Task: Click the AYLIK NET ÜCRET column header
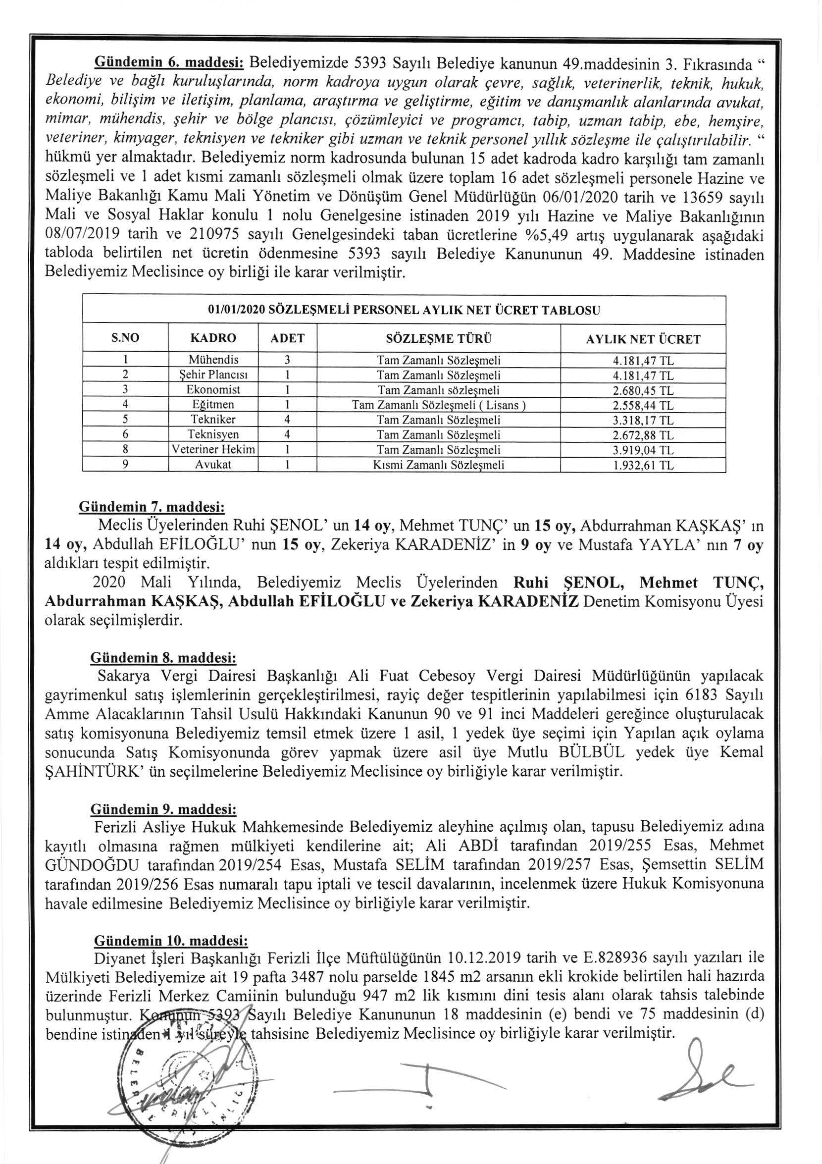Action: coord(643,339)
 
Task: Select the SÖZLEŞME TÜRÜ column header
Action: coord(438,338)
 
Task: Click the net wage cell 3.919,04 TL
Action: coord(643,450)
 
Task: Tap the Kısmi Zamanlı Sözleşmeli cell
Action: coord(438,465)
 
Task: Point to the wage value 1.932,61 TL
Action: coord(643,465)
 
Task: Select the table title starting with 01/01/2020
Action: coord(404,310)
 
